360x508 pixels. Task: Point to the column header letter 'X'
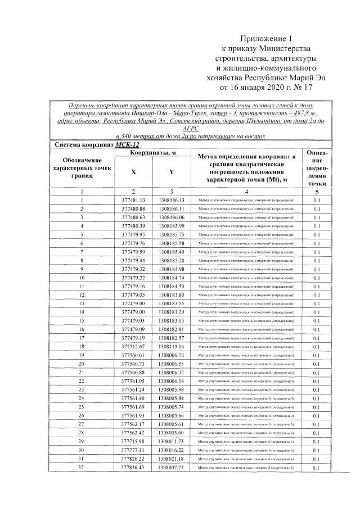pos(133,172)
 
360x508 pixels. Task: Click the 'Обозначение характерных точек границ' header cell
pos(82,167)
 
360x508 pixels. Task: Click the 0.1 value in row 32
pos(316,468)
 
